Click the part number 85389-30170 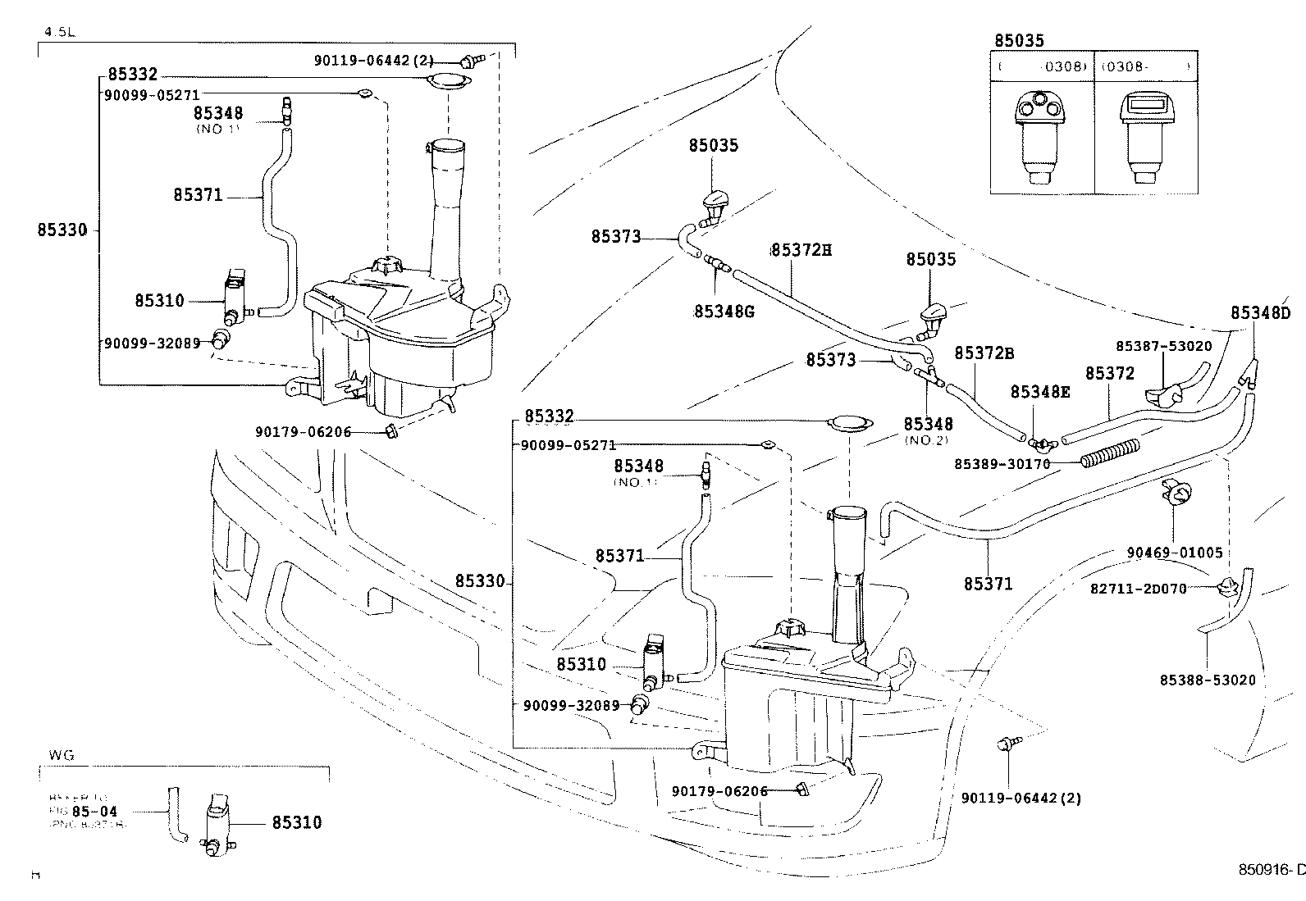tap(1002, 464)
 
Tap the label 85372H tap(801, 249)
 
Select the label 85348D tap(1260, 313)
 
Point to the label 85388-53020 tap(1207, 680)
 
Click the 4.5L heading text tap(57, 34)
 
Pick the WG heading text tap(62, 755)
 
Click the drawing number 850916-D tap(1271, 870)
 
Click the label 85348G tap(723, 312)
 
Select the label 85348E tap(1040, 392)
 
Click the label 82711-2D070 tap(1138, 588)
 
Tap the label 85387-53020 tap(1163, 346)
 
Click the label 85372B tap(984, 353)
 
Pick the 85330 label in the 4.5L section tap(62, 230)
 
